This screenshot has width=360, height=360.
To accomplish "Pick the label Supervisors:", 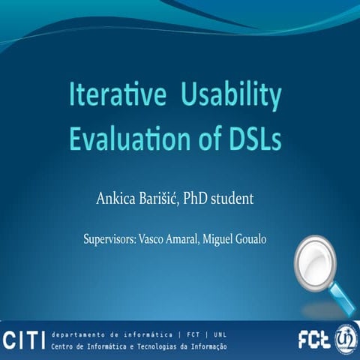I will pyautogui.click(x=112, y=241).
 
